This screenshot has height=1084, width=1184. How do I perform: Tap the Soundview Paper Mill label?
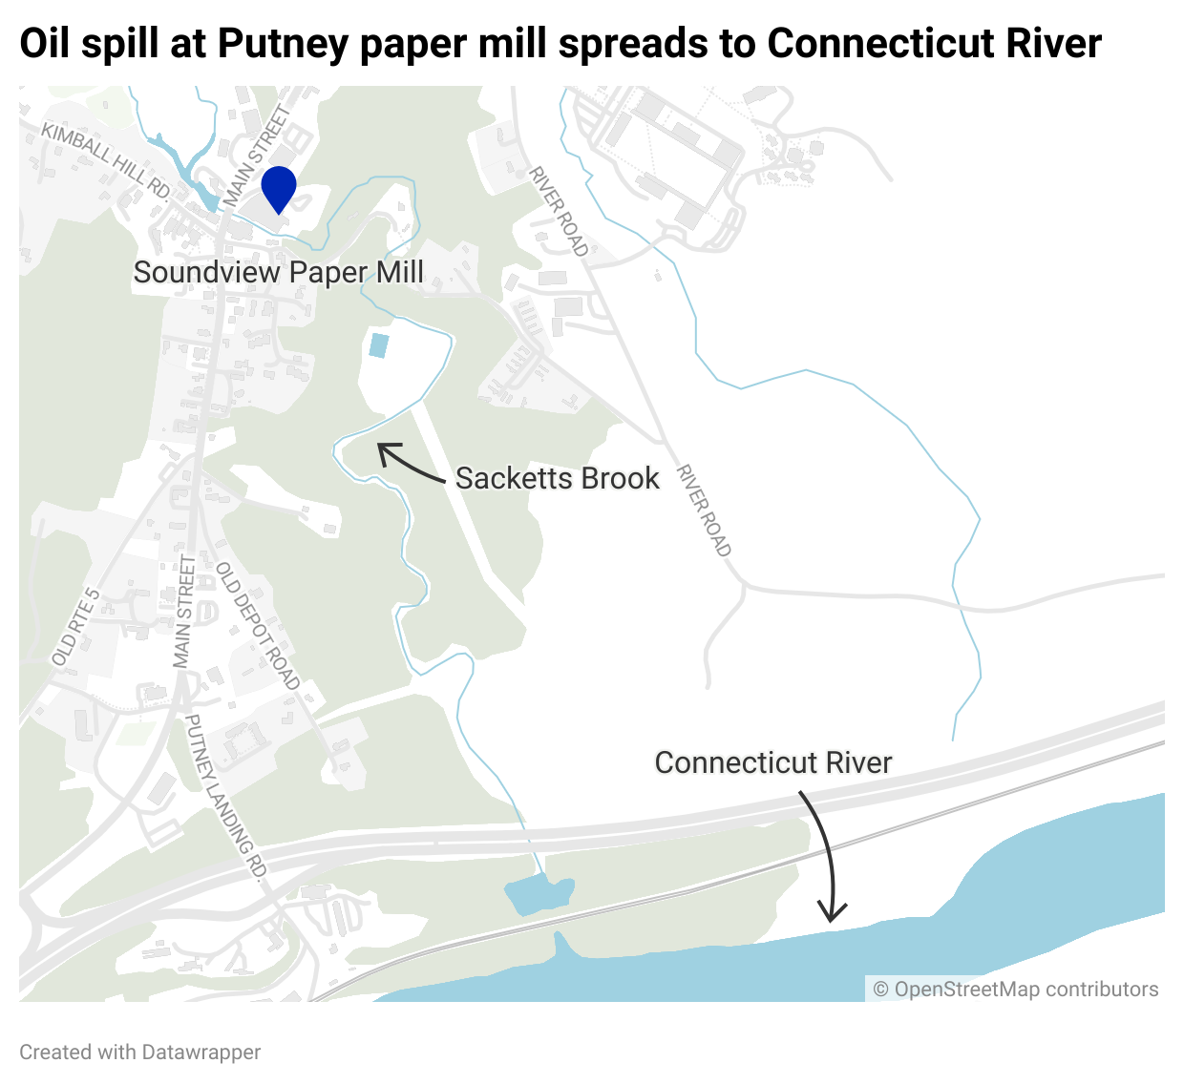(x=278, y=272)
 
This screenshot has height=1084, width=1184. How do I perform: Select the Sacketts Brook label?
(x=557, y=478)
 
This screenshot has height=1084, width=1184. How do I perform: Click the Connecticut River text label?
(x=772, y=762)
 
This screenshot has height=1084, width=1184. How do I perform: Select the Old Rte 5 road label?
(x=75, y=627)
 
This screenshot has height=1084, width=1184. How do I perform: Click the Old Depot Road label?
(x=258, y=625)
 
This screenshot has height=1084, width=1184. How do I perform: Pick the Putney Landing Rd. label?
(x=225, y=796)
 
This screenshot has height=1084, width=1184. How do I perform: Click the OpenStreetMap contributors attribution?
(x=1016, y=990)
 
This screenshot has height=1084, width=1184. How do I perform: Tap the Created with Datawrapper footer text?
(x=140, y=1053)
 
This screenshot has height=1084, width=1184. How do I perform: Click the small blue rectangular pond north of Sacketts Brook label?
(x=378, y=345)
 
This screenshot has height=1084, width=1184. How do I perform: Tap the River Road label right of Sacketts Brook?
(x=704, y=511)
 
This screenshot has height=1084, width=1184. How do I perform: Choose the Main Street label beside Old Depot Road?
(x=184, y=611)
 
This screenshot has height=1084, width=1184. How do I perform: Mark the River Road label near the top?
(x=559, y=211)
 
